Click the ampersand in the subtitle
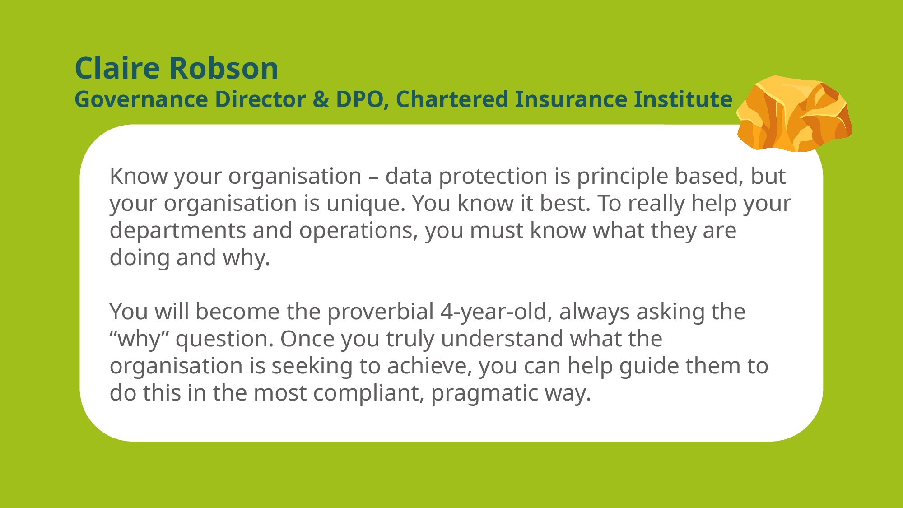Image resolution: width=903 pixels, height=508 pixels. tap(321, 99)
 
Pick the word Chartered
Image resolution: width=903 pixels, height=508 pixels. tap(452, 99)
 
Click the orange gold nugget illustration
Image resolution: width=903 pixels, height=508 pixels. tap(794, 113)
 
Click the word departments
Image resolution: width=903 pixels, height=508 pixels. tap(177, 230)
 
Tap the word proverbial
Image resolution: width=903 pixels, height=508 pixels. tap(381, 312)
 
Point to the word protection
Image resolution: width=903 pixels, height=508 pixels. tap(493, 176)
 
